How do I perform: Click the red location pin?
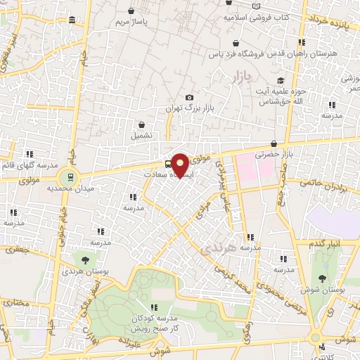coord(180,165)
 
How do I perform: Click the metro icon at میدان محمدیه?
coord(70,176)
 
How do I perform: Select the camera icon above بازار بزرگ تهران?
coord(188,98)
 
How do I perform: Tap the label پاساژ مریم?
coord(134,22)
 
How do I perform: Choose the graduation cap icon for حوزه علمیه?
coord(281,81)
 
